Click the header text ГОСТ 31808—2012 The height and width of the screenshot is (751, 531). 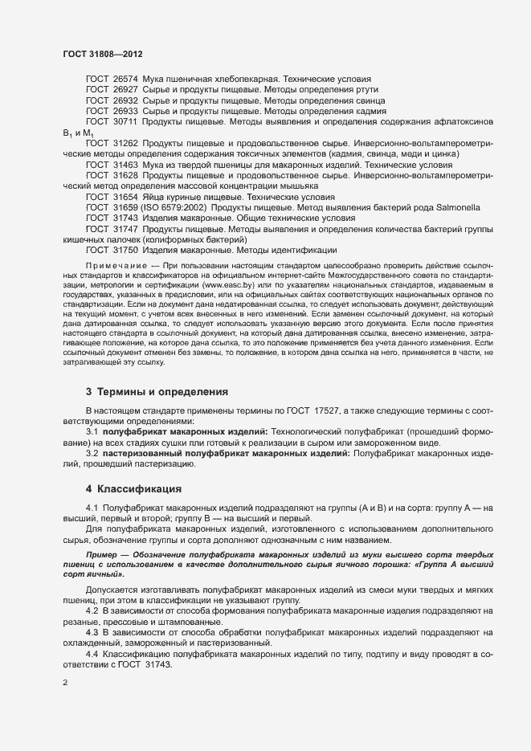[x=103, y=54]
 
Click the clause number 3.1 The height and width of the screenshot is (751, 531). [x=92, y=431]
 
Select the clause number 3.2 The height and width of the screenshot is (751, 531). [x=92, y=454]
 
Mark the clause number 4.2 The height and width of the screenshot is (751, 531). [x=92, y=612]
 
